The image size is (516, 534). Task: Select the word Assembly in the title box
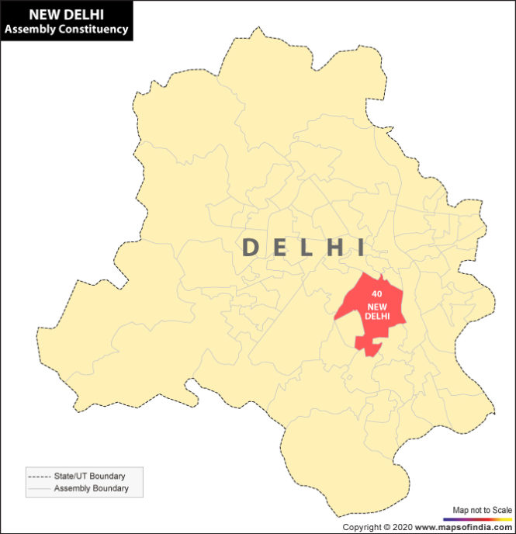(x=28, y=29)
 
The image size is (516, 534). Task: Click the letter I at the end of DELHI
(x=359, y=248)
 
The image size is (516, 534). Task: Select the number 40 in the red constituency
(x=376, y=295)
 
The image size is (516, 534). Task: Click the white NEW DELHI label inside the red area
(x=377, y=311)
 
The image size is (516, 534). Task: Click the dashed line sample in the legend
(x=38, y=476)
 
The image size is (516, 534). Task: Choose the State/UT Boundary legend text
(x=89, y=476)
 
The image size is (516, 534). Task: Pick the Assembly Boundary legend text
(x=91, y=488)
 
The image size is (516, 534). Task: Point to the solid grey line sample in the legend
(x=38, y=488)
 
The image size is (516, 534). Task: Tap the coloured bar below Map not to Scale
(x=478, y=518)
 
